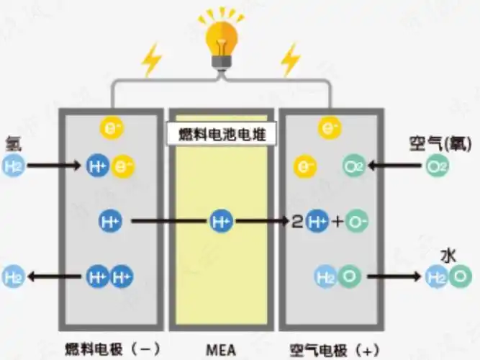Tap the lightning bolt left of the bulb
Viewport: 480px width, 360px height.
point(152,60)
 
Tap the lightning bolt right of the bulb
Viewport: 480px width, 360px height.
point(291,60)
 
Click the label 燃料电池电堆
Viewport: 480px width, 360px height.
point(219,133)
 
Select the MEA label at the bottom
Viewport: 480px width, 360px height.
point(219,351)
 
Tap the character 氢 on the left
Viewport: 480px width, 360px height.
point(12,143)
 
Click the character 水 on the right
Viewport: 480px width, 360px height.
point(448,255)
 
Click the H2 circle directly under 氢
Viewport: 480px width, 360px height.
point(13,167)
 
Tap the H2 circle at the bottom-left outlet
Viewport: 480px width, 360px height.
point(13,276)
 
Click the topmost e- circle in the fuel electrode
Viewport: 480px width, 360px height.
point(112,127)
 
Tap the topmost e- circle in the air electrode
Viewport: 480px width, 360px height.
point(329,128)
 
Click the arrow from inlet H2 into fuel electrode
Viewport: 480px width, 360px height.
point(53,167)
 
